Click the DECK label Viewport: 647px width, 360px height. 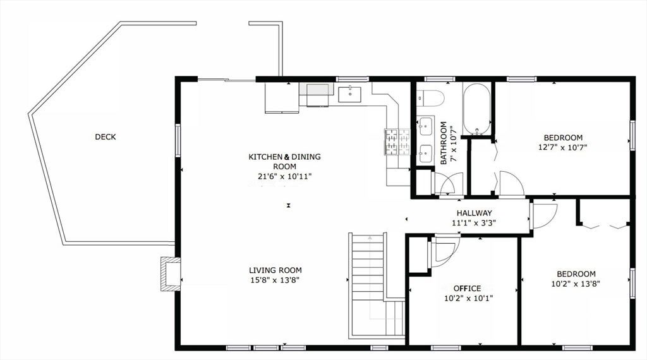[106, 137]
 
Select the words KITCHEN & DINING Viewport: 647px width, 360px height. [284, 157]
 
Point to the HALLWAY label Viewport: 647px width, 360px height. [474, 213]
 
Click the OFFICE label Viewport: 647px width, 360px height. [467, 289]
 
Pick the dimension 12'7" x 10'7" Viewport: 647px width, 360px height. [563, 147]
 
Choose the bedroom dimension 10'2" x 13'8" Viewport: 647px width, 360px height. [576, 284]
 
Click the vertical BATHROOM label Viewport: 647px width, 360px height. [444, 137]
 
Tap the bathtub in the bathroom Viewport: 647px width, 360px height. [476, 109]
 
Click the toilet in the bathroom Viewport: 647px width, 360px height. [430, 99]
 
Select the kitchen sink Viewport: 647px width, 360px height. [350, 95]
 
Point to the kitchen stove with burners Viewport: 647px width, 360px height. [397, 142]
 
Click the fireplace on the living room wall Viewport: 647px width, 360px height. [171, 274]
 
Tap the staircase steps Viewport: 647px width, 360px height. [368, 285]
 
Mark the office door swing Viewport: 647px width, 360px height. [445, 249]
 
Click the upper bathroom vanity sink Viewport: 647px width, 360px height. [425, 126]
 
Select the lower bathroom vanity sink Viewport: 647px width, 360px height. [425, 153]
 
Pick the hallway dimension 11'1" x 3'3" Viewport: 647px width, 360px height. [474, 223]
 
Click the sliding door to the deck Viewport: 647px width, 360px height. [226, 80]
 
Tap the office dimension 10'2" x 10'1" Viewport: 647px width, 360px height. [468, 298]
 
